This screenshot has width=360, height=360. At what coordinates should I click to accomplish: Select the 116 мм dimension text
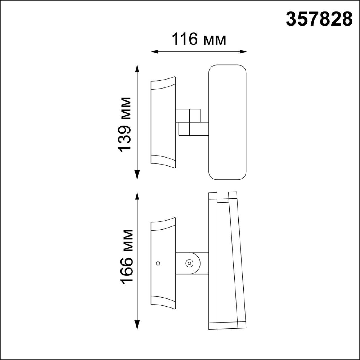[x=199, y=39]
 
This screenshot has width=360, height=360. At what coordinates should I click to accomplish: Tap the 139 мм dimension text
[x=124, y=125]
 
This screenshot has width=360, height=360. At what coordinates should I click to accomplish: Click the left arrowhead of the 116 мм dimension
[x=155, y=52]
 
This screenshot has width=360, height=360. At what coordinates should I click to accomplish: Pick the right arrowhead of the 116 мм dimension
[x=243, y=52]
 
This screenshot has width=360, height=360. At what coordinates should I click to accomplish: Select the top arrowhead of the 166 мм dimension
[x=137, y=196]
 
